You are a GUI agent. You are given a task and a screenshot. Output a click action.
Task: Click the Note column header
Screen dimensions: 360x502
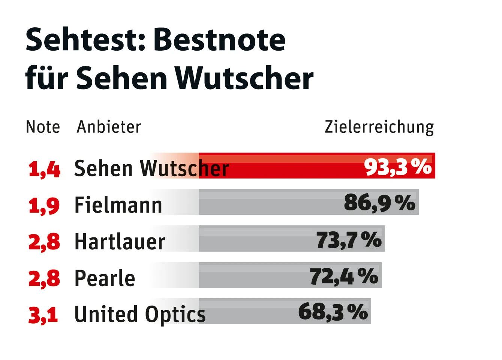[x=43, y=127]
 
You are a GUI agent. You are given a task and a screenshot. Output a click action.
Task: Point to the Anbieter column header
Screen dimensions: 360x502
[x=109, y=127]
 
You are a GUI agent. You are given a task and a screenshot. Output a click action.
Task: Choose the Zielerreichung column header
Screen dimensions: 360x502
[x=379, y=127]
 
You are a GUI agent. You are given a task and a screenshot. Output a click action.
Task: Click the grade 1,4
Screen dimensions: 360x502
[x=44, y=169]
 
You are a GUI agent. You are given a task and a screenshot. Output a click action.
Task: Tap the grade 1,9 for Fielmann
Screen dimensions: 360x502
[x=44, y=205]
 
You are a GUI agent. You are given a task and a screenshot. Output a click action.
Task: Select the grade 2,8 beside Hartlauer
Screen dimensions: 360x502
[x=44, y=242]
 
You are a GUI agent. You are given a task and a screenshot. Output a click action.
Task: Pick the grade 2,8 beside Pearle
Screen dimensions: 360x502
[x=44, y=278]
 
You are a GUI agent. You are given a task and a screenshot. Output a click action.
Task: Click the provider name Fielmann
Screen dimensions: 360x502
[x=118, y=205]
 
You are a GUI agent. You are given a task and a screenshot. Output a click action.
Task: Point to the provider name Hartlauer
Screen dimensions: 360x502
[x=120, y=242]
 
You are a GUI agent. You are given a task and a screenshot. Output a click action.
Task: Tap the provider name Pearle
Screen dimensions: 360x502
[x=105, y=278]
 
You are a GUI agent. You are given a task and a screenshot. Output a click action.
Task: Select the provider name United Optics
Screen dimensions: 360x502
[x=140, y=314]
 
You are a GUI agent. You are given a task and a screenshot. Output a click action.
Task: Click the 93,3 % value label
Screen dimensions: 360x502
[x=398, y=166]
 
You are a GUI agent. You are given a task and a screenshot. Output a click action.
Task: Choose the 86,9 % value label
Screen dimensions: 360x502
[x=379, y=203]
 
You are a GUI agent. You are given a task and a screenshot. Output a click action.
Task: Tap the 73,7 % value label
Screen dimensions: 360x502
[x=349, y=240]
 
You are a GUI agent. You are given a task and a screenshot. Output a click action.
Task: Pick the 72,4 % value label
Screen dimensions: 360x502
[x=344, y=276]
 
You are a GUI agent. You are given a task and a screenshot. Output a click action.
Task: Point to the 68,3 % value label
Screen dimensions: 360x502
[x=333, y=312]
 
